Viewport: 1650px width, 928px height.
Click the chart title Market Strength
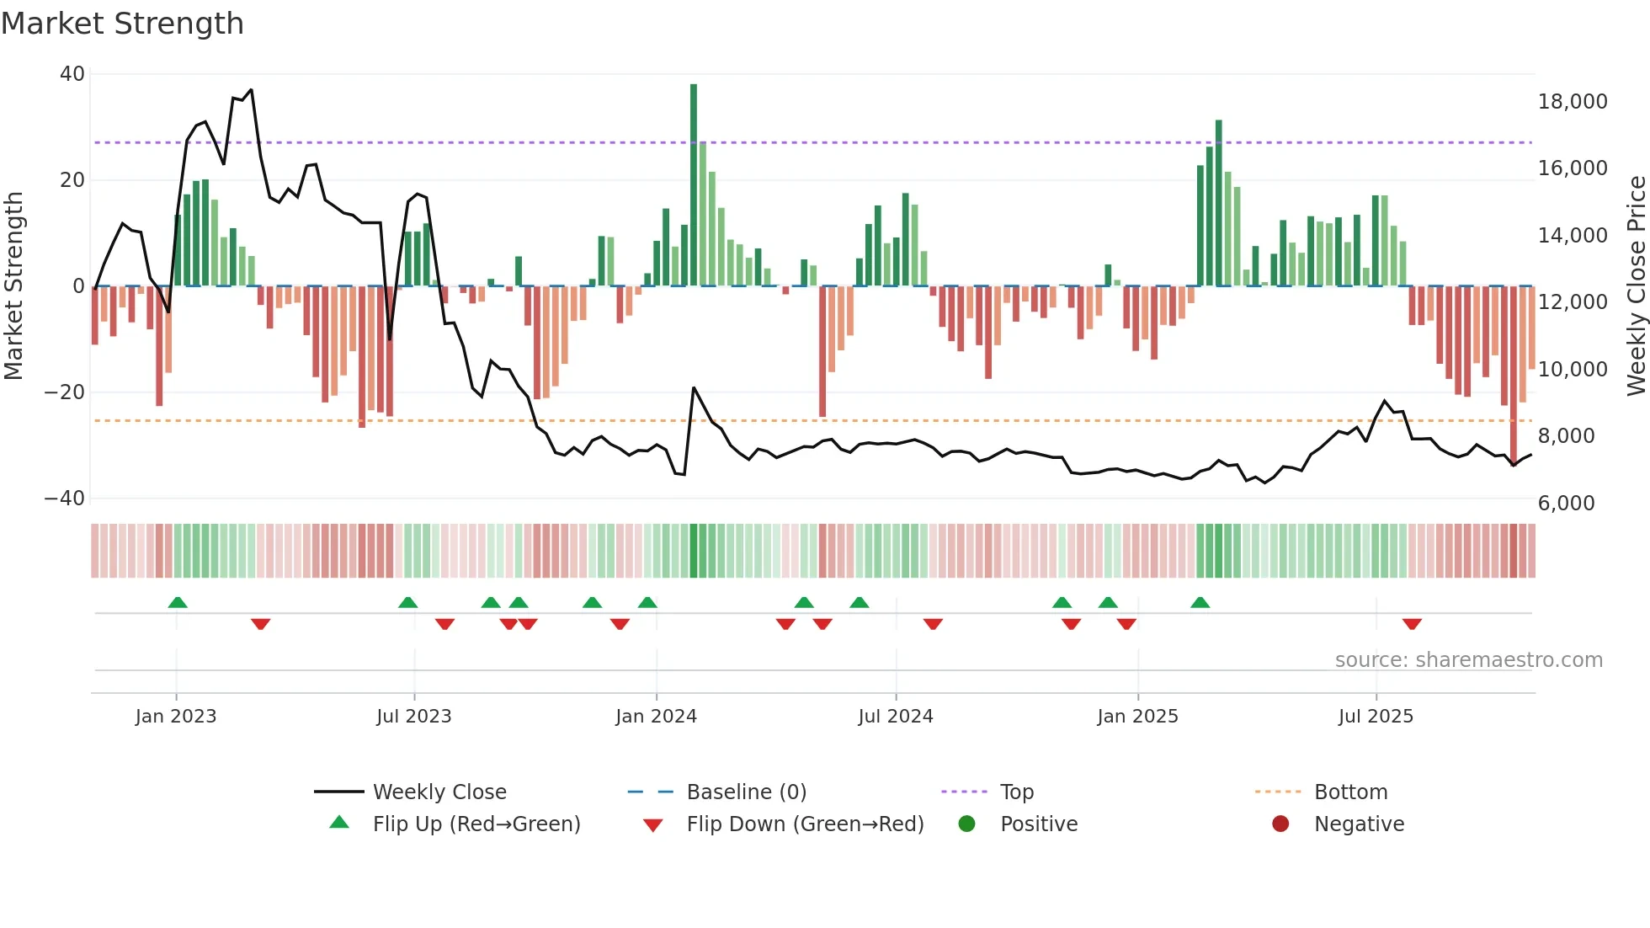[122, 24]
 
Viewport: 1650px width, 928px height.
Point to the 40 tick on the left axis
[72, 74]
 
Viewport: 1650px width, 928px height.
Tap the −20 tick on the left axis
[65, 392]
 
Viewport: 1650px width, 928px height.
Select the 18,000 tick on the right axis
[1572, 102]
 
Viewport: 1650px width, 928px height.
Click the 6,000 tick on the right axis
[1566, 504]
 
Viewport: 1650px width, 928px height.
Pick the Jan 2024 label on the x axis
[656, 717]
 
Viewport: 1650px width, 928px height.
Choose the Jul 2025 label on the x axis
[1376, 717]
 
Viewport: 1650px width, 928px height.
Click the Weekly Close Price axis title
[1636, 286]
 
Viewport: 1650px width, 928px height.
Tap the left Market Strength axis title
[13, 286]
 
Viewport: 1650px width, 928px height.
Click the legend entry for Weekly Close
[439, 792]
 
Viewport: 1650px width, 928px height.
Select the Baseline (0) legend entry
[746, 792]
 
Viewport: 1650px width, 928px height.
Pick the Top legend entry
[1016, 792]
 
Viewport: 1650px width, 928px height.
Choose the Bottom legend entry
[1350, 792]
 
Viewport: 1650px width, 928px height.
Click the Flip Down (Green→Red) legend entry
[804, 824]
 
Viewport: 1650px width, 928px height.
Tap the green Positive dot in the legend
[966, 824]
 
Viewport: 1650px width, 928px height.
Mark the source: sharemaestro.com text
[1468, 660]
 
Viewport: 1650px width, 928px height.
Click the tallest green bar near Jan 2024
[694, 185]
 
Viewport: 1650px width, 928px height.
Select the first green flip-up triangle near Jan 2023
[178, 603]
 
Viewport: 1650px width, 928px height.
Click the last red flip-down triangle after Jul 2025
[1412, 624]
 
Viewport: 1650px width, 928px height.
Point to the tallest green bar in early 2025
[1218, 202]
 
